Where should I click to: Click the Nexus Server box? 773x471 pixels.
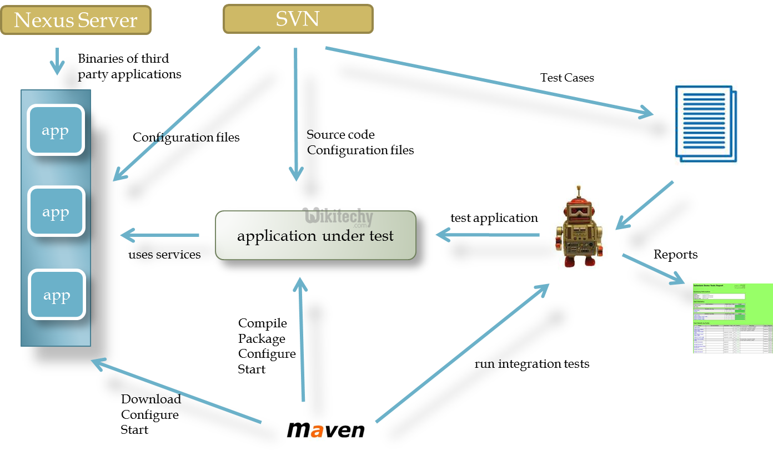pyautogui.click(x=76, y=21)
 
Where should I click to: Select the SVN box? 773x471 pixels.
pyautogui.click(x=298, y=19)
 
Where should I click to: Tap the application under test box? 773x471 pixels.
pyautogui.click(x=315, y=236)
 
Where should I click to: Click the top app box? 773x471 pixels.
pyautogui.click(x=56, y=131)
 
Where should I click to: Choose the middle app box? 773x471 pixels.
pyautogui.click(x=56, y=212)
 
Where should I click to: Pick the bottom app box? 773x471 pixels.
pyautogui.click(x=57, y=295)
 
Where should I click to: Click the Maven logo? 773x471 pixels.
pyautogui.click(x=325, y=429)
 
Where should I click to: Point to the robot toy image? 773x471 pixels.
pyautogui.click(x=579, y=226)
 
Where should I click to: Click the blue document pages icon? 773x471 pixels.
pyautogui.click(x=706, y=123)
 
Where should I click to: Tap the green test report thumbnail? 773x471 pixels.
pyautogui.click(x=732, y=318)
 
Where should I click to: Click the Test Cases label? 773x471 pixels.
pyautogui.click(x=567, y=78)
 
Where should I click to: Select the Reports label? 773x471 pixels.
pyautogui.click(x=675, y=255)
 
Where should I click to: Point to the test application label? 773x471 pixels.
pyautogui.click(x=494, y=218)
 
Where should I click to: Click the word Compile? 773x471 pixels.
pyautogui.click(x=263, y=323)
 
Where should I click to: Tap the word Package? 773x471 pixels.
pyautogui.click(x=262, y=338)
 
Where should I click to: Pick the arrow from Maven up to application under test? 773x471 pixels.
pyautogui.click(x=302, y=338)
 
